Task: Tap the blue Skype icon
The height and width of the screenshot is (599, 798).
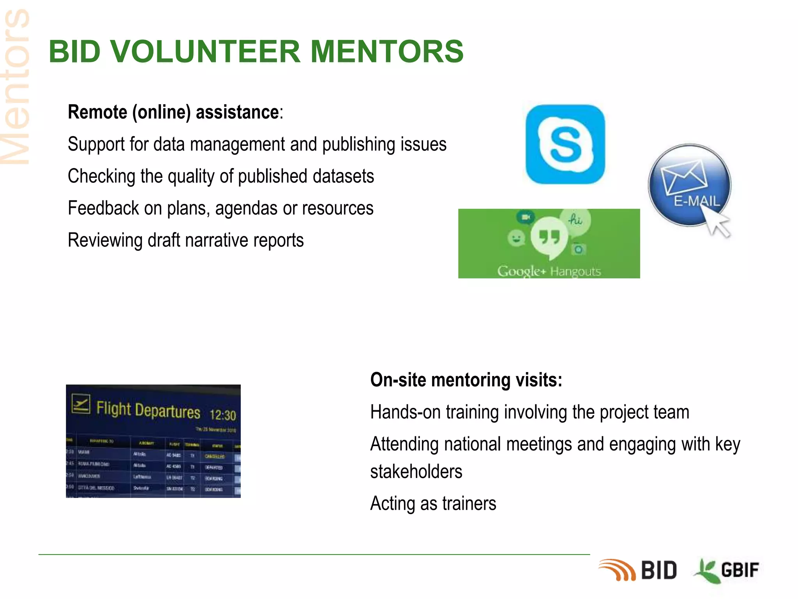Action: pyautogui.click(x=565, y=144)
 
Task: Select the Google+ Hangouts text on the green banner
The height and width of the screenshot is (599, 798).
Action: pyautogui.click(x=549, y=271)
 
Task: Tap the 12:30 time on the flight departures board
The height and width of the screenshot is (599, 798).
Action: pyautogui.click(x=222, y=415)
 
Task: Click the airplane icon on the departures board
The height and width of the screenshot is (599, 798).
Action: pyautogui.click(x=81, y=404)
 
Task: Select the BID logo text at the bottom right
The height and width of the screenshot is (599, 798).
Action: pyautogui.click(x=659, y=571)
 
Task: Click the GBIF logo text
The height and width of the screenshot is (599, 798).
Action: pyautogui.click(x=739, y=570)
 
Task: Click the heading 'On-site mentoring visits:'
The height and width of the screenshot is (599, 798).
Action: pyautogui.click(x=466, y=380)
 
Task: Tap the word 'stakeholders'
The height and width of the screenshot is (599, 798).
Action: pyautogui.click(x=416, y=471)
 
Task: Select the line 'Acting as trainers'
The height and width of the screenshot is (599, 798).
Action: pyautogui.click(x=433, y=503)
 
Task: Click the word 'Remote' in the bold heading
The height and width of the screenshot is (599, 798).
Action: pyautogui.click(x=97, y=112)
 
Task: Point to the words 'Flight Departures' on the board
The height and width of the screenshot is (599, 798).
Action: pyautogui.click(x=148, y=410)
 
